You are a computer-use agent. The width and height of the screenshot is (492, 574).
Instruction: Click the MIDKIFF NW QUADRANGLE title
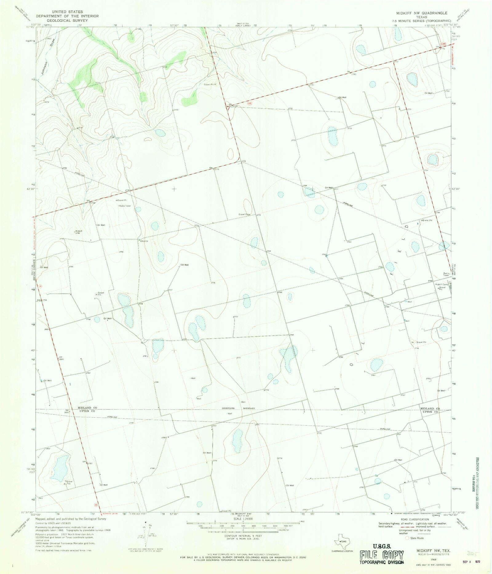click(x=421, y=13)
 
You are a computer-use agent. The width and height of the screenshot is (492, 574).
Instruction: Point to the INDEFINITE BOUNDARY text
click(x=239, y=408)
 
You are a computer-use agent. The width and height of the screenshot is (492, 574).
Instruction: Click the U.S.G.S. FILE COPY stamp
click(x=382, y=555)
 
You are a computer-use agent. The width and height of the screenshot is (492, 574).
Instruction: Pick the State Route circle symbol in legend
click(x=407, y=538)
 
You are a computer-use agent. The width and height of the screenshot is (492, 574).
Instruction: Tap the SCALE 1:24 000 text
click(x=243, y=519)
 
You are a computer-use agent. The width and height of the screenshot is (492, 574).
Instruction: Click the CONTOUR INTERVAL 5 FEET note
click(x=243, y=536)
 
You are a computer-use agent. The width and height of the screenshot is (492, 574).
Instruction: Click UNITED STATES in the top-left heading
click(x=67, y=12)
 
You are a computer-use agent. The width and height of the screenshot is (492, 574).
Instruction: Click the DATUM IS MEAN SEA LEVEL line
click(x=243, y=538)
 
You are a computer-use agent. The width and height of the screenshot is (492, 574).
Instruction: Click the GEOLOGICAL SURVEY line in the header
click(x=67, y=20)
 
